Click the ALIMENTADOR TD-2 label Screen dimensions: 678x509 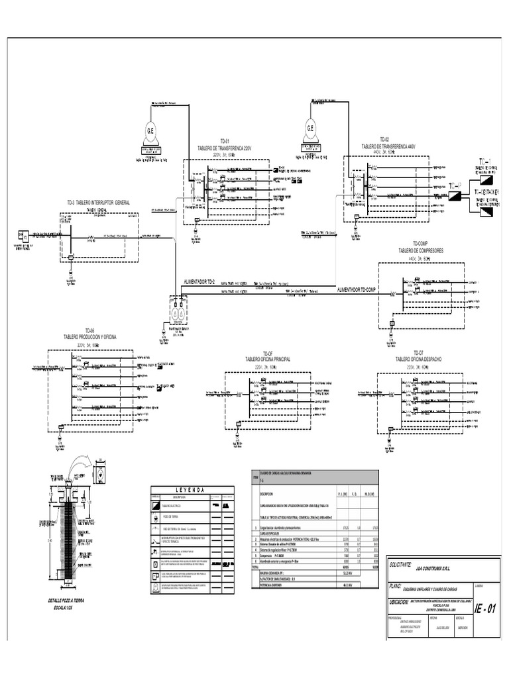(199, 282)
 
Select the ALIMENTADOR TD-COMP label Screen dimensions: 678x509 (357, 290)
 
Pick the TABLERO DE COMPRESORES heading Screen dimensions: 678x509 (420, 251)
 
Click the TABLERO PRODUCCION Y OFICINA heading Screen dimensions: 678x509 (89, 337)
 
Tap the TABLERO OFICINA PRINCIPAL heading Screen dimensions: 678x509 (267, 359)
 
